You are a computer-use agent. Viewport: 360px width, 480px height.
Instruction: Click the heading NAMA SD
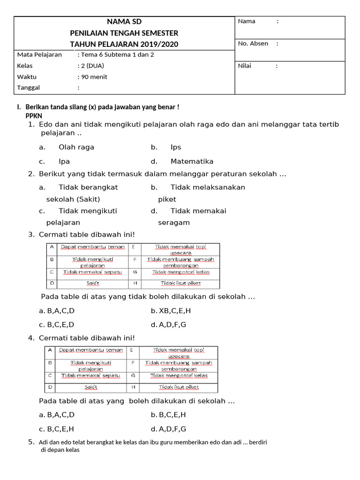(124, 22)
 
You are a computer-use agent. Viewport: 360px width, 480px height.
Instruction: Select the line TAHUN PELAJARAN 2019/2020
(124, 45)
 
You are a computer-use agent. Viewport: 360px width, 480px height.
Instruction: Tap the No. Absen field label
(253, 44)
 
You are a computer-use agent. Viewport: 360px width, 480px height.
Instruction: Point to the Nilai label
(245, 66)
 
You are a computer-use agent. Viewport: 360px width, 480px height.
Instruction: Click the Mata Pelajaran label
(39, 54)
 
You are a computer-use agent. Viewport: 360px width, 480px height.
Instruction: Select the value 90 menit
(94, 77)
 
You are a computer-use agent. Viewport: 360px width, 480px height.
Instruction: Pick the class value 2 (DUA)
(92, 66)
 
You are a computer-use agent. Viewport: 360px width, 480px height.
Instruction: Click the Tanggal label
(29, 88)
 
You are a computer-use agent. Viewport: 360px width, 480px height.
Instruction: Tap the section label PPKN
(34, 115)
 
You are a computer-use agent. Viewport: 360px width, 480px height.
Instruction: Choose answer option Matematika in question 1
(192, 161)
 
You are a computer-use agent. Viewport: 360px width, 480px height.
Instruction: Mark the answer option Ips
(176, 147)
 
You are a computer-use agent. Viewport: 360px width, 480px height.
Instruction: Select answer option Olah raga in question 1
(76, 147)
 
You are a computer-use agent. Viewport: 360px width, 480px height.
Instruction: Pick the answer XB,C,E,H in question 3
(174, 310)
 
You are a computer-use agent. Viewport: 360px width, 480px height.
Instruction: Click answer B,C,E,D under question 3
(60, 324)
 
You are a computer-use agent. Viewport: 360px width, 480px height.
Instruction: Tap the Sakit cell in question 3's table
(92, 283)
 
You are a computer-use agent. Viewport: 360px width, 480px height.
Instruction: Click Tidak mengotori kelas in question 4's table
(180, 375)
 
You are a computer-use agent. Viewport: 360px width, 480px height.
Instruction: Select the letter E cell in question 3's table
(134, 247)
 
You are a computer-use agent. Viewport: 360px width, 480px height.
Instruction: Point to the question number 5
(31, 442)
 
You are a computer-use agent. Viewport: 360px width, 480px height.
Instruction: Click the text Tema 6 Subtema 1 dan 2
(117, 54)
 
